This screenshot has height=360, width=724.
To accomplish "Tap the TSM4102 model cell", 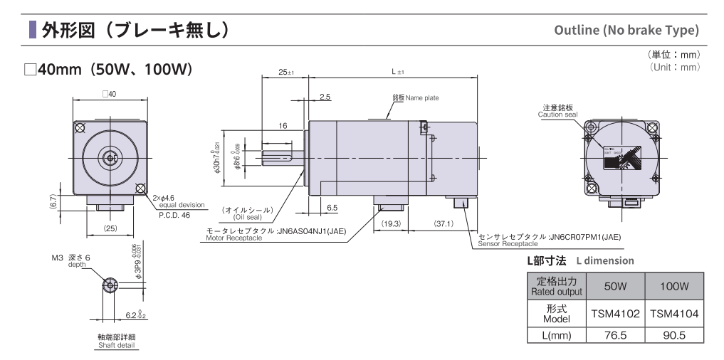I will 614,312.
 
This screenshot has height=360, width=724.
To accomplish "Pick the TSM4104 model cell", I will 673,312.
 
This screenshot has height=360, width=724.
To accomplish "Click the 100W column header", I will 673,286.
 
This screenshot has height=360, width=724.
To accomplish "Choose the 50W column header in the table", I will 614,286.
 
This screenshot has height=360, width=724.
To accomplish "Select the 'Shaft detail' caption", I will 117,346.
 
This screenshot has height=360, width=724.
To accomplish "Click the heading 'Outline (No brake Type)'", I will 626,31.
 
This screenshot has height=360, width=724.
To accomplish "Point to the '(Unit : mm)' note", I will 676,67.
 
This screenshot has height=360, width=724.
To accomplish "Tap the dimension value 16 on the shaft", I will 283,125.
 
